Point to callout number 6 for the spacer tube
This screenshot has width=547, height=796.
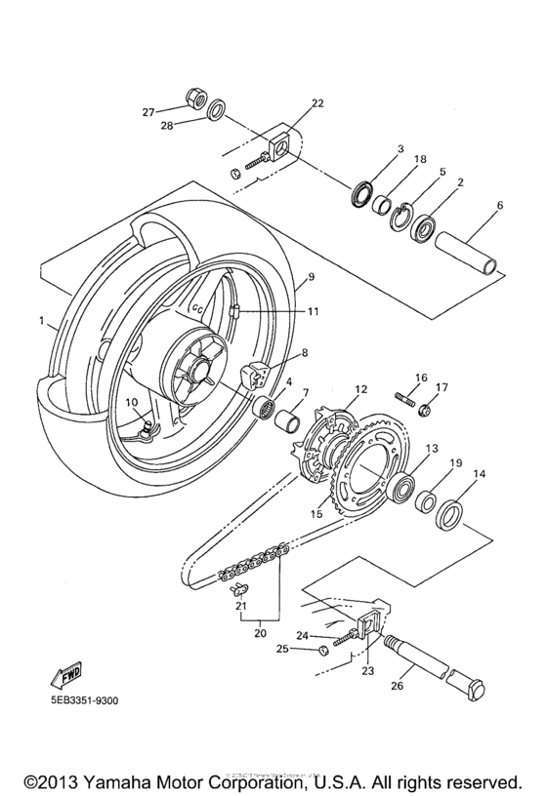(x=499, y=206)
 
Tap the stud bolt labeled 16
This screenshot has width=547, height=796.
(x=403, y=398)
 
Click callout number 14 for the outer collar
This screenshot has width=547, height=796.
(x=479, y=474)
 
